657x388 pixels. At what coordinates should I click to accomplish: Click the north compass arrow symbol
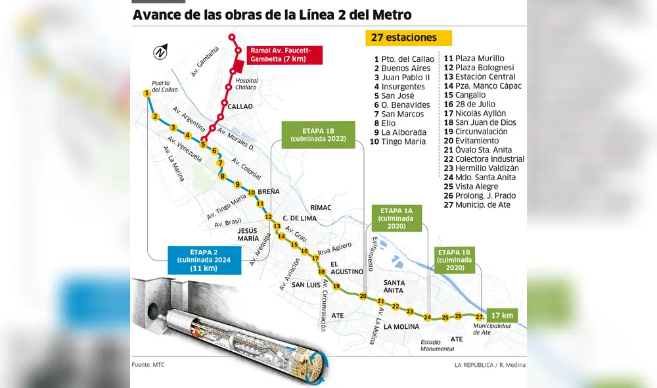coord(160,51)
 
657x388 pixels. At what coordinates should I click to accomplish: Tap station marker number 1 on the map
coord(147,93)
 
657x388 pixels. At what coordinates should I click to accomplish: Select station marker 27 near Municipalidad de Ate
coord(479,317)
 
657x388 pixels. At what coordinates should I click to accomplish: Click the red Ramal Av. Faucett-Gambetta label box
coord(285,55)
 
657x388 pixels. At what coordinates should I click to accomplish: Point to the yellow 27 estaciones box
coord(409,38)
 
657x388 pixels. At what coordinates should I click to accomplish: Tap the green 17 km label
coord(502,314)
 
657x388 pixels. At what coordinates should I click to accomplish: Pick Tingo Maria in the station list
coord(403,141)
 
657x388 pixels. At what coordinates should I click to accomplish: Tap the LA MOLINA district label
coord(406,326)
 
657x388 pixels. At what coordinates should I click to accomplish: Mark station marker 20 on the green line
coord(363,296)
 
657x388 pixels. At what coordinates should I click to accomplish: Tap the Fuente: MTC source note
coord(148,364)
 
